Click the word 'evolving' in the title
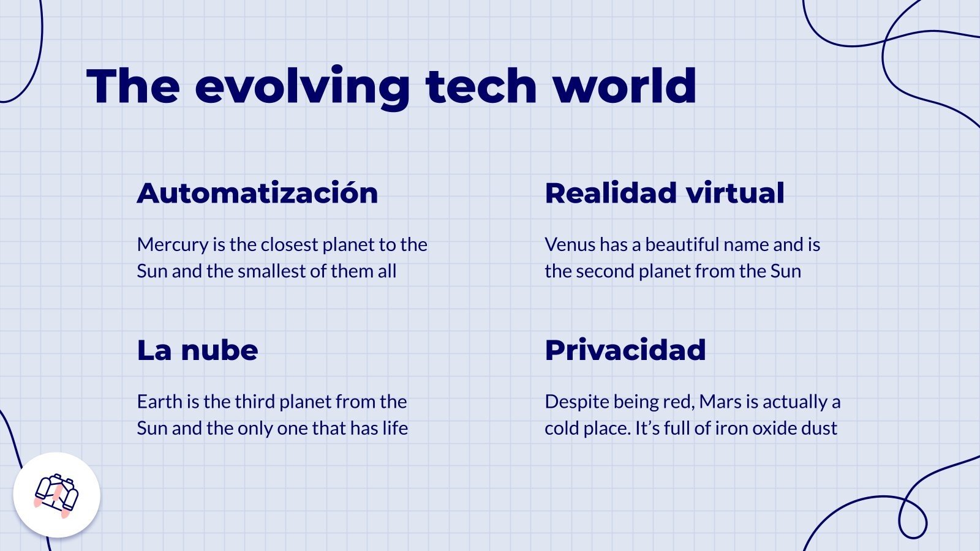(302, 86)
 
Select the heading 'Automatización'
(257, 193)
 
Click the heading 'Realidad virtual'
(665, 193)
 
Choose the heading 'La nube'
(197, 350)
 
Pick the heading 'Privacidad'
(625, 350)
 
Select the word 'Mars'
(720, 402)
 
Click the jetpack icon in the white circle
(56, 495)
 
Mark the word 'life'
(395, 428)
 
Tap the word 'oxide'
(775, 428)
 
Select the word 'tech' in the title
(481, 86)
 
